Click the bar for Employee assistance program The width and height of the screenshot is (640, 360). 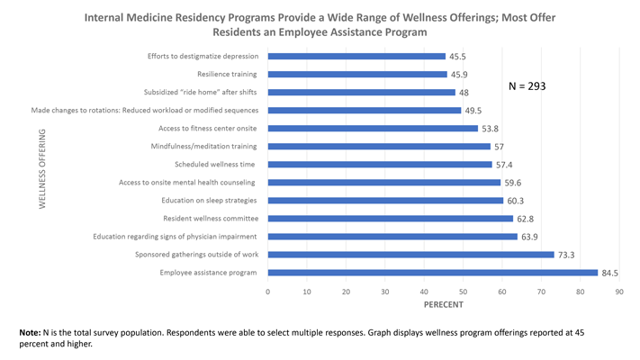(x=432, y=273)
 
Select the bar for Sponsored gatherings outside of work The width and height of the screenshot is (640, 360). (x=410, y=255)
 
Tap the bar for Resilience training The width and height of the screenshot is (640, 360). (x=357, y=74)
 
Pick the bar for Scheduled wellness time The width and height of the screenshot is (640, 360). (x=380, y=165)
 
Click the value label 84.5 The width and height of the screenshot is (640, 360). (x=610, y=273)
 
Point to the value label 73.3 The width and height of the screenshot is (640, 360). (x=567, y=255)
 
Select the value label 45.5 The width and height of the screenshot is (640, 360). (x=457, y=56)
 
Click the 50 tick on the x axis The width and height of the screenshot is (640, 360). (x=464, y=292)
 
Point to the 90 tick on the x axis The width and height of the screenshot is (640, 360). (x=619, y=292)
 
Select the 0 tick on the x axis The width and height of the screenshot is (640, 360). (x=268, y=292)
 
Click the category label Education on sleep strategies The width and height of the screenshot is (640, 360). (x=209, y=201)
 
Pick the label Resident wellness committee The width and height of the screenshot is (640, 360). (x=210, y=219)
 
